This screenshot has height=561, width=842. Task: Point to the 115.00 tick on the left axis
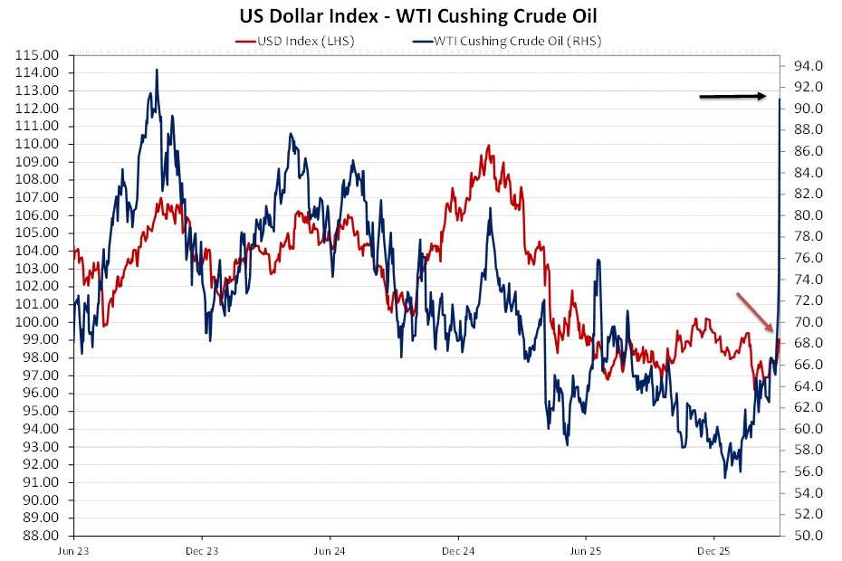(39, 55)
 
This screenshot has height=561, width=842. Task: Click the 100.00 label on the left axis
(39, 322)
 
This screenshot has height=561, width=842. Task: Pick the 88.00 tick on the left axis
(39, 536)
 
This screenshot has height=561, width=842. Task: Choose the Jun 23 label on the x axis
(74, 550)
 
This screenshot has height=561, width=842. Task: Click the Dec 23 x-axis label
(202, 550)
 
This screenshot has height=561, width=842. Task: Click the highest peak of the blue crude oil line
(157, 70)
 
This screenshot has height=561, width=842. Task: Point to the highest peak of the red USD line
(488, 146)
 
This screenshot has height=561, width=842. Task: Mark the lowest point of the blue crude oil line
(725, 477)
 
